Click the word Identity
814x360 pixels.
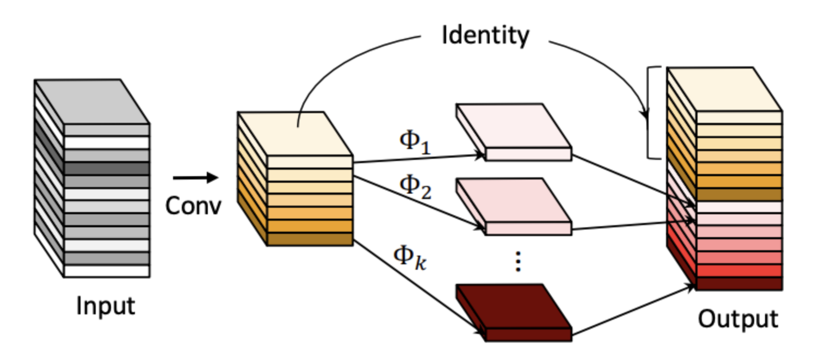485,35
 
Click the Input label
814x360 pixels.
105,307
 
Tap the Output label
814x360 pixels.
738,319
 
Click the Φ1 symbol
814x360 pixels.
415,142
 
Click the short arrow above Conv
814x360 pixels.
195,177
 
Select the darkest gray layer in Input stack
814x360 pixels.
107,169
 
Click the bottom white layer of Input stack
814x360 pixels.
107,271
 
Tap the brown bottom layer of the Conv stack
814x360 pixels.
310,239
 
